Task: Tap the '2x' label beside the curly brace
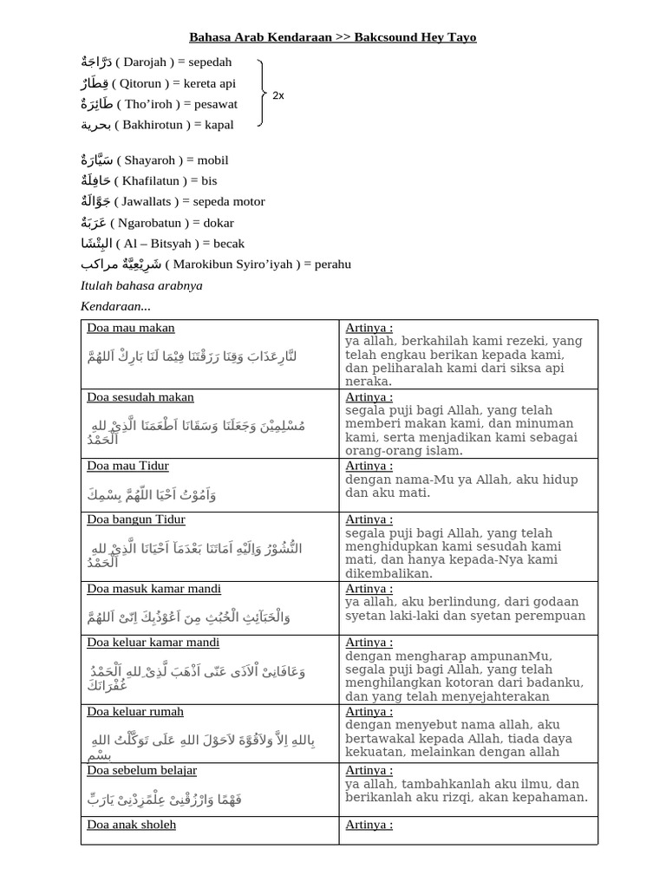click(277, 95)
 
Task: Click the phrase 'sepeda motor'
click(229, 202)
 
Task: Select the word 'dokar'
click(219, 223)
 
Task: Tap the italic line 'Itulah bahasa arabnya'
click(141, 285)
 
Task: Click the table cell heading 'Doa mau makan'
click(131, 328)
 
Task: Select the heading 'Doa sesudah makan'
click(140, 397)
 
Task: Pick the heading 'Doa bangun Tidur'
click(136, 519)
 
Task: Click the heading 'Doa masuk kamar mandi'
click(153, 589)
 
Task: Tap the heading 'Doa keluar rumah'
click(135, 712)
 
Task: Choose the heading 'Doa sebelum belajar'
click(142, 770)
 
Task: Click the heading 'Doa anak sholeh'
click(132, 825)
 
